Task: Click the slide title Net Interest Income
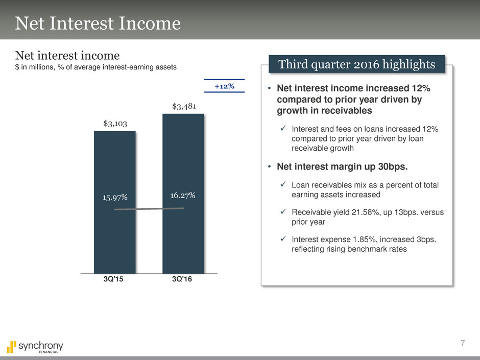[x=98, y=23]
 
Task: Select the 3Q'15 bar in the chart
[x=115, y=202]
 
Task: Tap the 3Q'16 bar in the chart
[x=183, y=194]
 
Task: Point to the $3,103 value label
[x=115, y=124]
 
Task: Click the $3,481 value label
[x=184, y=106]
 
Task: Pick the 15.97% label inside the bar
[x=115, y=198]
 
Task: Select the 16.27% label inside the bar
[x=183, y=195]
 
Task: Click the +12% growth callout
[x=224, y=86]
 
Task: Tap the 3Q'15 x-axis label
[x=113, y=279]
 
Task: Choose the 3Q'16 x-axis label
[x=182, y=279]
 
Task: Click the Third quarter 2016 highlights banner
[x=356, y=64]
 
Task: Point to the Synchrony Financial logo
[x=35, y=347]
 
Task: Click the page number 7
[x=463, y=343]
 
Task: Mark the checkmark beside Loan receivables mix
[x=283, y=184]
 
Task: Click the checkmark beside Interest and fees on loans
[x=283, y=128]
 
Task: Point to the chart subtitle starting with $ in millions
[x=96, y=67]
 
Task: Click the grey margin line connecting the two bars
[x=149, y=209]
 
